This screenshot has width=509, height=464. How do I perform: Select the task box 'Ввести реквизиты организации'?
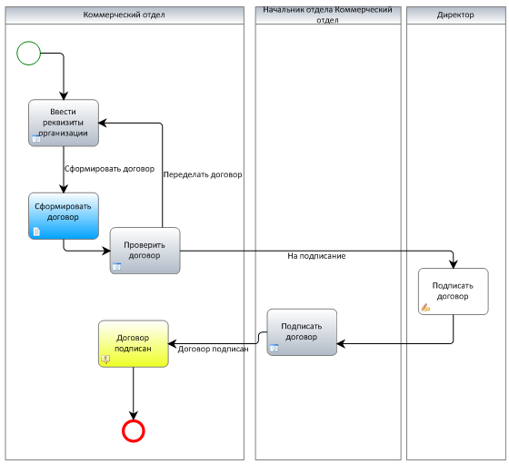click(x=64, y=123)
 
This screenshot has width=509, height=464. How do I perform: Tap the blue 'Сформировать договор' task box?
click(x=64, y=216)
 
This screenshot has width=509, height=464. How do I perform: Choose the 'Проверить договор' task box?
click(x=145, y=251)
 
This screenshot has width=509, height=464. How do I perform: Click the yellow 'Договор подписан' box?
click(x=134, y=344)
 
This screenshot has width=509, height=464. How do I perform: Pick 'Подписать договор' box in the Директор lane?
click(x=454, y=291)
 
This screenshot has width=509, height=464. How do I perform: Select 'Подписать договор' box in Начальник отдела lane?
click(x=302, y=332)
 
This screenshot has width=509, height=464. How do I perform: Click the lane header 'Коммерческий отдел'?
click(x=125, y=15)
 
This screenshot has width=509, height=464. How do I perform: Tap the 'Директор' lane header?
click(x=455, y=15)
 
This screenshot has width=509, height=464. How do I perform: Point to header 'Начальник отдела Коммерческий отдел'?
click(x=328, y=15)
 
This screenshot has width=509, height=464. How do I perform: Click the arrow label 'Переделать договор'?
click(x=203, y=174)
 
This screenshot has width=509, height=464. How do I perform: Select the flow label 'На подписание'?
click(x=316, y=256)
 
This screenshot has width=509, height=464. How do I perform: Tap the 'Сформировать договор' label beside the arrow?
click(x=109, y=169)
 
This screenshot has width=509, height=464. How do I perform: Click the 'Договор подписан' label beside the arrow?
click(x=213, y=349)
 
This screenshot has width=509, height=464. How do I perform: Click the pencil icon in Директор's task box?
click(x=425, y=308)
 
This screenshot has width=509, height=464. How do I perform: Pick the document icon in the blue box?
click(x=36, y=232)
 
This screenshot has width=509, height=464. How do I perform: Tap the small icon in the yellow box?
click(x=105, y=360)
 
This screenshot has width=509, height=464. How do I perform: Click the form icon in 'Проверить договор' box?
click(x=116, y=267)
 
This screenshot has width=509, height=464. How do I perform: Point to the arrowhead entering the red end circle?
click(x=134, y=415)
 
